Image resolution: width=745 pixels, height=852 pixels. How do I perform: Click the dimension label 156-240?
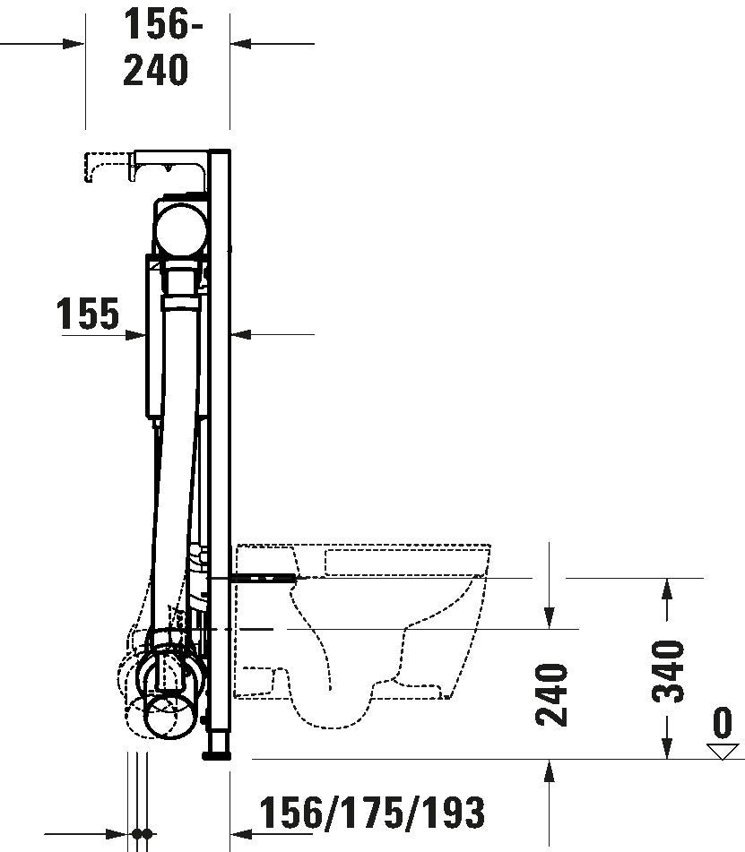[x=159, y=47]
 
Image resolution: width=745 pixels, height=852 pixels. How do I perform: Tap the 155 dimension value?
[x=88, y=314]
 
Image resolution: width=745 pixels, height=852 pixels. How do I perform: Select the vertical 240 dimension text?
[x=551, y=694]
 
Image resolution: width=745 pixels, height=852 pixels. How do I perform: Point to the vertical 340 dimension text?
[x=668, y=671]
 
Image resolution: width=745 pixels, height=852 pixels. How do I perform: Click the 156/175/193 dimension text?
[x=372, y=813]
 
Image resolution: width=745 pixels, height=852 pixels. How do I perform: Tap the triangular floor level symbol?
[x=723, y=752]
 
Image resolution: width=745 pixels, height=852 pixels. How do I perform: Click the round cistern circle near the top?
[x=179, y=228]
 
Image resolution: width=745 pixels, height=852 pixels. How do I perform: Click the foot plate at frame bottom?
[x=217, y=754]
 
